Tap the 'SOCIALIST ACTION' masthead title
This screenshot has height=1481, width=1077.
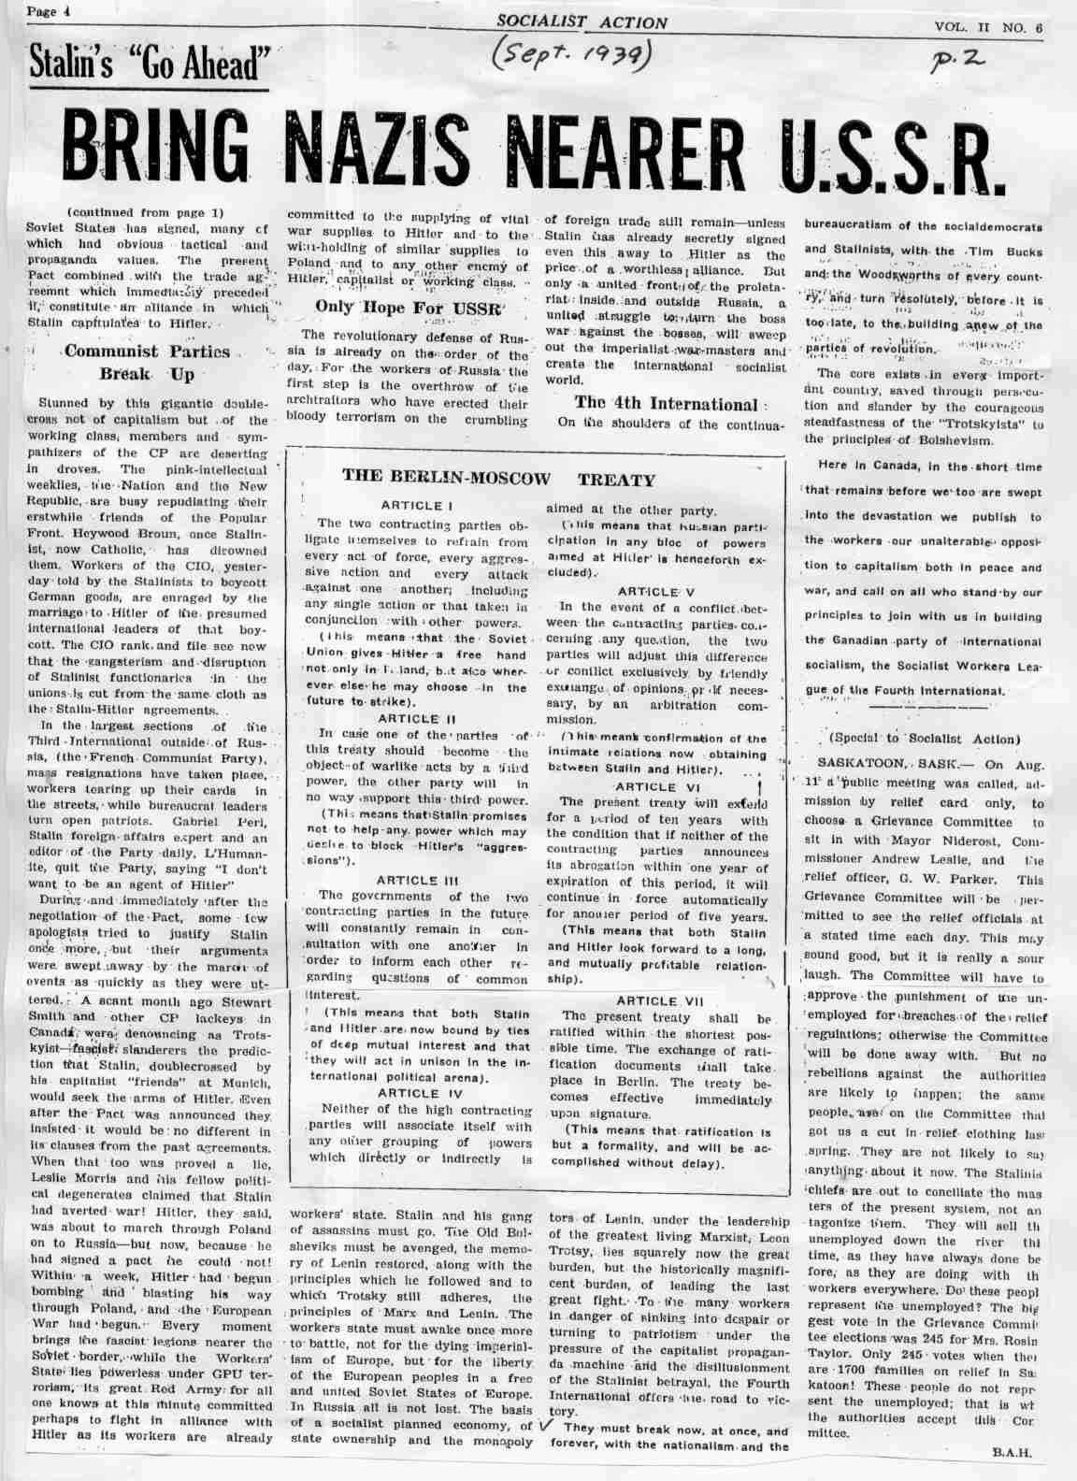[x=582, y=22]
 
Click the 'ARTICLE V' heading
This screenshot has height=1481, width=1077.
[x=655, y=591]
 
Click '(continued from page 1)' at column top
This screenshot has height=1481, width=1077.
[x=145, y=212]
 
